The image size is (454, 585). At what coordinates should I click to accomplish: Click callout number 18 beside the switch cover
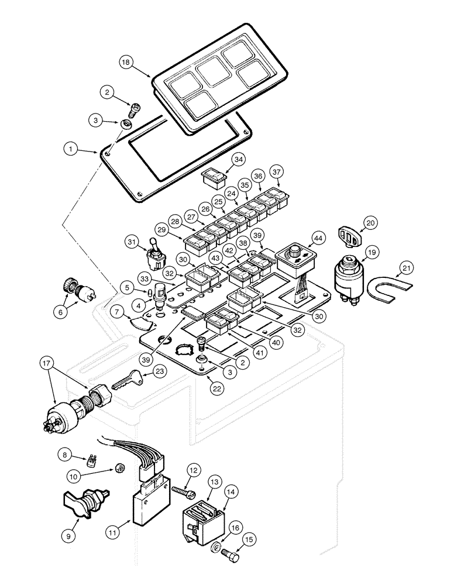(x=125, y=61)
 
